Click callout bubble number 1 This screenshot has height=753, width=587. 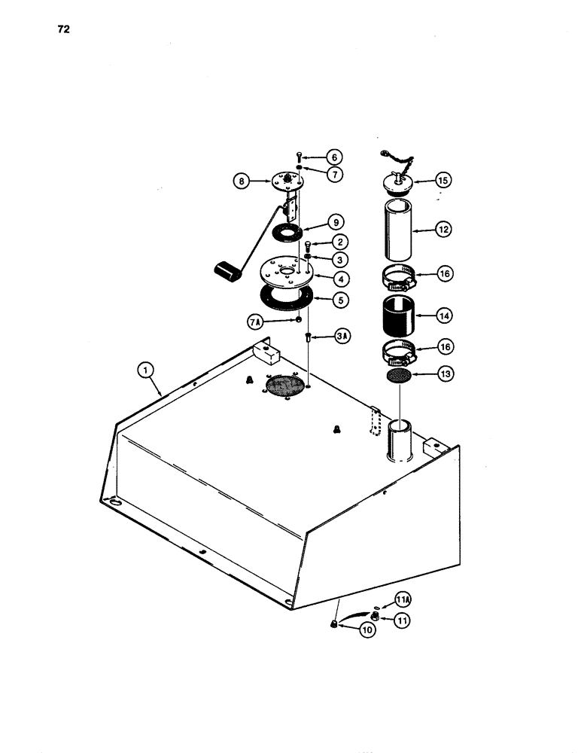pyautogui.click(x=146, y=370)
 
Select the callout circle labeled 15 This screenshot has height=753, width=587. pyautogui.click(x=442, y=180)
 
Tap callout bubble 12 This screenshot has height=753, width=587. pyautogui.click(x=442, y=232)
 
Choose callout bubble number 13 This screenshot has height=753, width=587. pyautogui.click(x=442, y=373)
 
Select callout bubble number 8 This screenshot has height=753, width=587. pyautogui.click(x=243, y=181)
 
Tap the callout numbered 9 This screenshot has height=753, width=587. pyautogui.click(x=335, y=223)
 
